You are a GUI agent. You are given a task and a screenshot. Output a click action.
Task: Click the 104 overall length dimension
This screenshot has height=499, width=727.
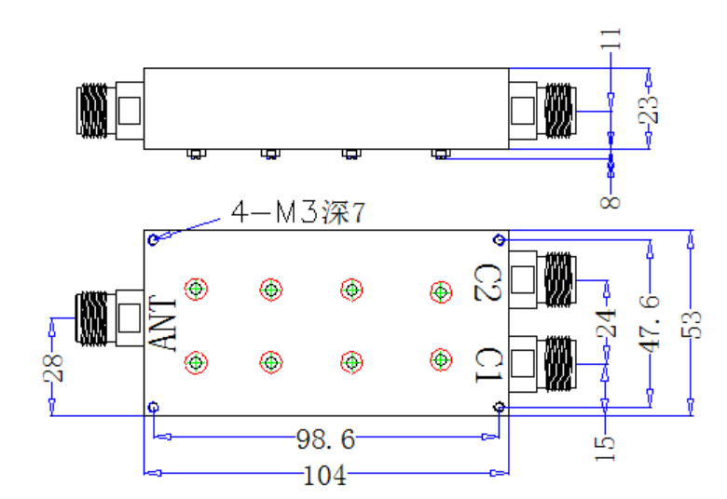click(324, 475)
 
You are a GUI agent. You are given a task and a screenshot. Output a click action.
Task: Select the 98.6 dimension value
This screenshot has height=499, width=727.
click(325, 438)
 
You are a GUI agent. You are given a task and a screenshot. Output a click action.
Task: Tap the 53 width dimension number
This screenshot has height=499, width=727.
click(691, 324)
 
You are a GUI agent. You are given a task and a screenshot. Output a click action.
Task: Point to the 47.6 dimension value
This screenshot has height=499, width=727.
click(649, 323)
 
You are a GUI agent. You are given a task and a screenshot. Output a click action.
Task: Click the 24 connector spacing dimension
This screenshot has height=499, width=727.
click(606, 323)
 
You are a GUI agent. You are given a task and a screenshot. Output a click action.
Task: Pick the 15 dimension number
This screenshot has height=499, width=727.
click(605, 449)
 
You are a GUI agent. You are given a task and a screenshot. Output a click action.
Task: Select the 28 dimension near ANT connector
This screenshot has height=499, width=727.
click(52, 368)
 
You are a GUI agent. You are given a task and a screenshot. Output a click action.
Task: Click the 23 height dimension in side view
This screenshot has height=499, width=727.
click(648, 110)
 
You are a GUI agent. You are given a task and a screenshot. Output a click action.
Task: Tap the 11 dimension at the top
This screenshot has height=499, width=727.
click(610, 38)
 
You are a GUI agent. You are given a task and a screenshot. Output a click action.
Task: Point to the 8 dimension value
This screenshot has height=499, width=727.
click(610, 202)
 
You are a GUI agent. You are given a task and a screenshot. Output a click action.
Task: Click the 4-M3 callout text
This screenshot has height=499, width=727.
click(298, 212)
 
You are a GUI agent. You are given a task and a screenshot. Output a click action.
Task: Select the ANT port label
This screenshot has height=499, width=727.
click(163, 323)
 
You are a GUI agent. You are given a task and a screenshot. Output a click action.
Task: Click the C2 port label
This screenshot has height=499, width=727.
click(488, 282)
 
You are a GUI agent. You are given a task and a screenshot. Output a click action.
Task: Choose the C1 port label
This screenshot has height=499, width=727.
click(489, 365)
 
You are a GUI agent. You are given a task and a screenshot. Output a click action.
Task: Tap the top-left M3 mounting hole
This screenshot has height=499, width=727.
click(154, 239)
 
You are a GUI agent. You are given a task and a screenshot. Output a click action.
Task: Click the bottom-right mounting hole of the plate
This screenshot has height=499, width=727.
click(499, 407)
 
